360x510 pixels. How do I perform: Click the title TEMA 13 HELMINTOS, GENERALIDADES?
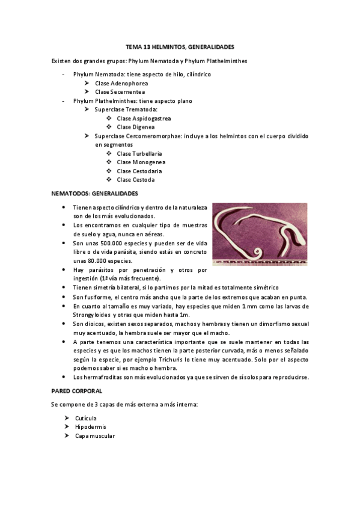pos(180,46)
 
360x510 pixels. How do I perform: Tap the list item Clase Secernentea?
pos(120,92)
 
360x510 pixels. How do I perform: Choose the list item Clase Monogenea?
pos(141,162)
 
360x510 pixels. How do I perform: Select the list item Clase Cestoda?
pos(136,179)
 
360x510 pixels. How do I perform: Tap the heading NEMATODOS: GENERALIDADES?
pos(95,193)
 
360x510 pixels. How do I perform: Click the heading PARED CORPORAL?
pos(77,391)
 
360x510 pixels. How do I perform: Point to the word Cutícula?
pos(85,418)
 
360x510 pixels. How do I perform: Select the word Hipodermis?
pos(91,427)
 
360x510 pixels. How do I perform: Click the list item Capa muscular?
pos(94,435)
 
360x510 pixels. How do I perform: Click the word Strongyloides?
pos(93,315)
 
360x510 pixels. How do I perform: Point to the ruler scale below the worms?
pos(260,262)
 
